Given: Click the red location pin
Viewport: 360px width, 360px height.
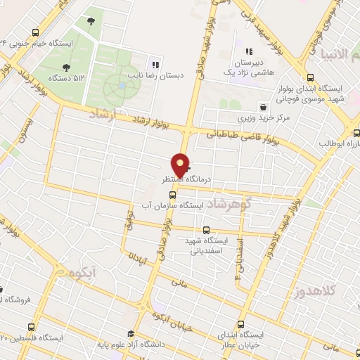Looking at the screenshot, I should click(181, 165).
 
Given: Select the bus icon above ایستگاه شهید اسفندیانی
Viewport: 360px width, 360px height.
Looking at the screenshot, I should click(206, 230).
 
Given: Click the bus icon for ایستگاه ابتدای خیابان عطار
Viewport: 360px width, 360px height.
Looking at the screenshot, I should click(241, 325).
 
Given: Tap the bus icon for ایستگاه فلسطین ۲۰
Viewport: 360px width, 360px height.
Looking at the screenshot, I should click(31, 327).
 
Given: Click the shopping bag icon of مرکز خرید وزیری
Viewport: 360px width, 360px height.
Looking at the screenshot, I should click(262, 108).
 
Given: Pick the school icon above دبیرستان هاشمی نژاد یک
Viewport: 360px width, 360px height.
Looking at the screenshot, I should click(248, 51).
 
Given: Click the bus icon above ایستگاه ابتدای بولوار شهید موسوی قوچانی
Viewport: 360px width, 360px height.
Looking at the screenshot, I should click(310, 78).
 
